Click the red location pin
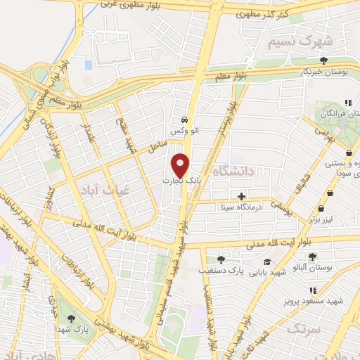tap(181, 165)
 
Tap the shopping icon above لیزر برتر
tap(321, 208)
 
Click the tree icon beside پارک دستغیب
tap(221, 259)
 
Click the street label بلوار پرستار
tap(231, 119)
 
